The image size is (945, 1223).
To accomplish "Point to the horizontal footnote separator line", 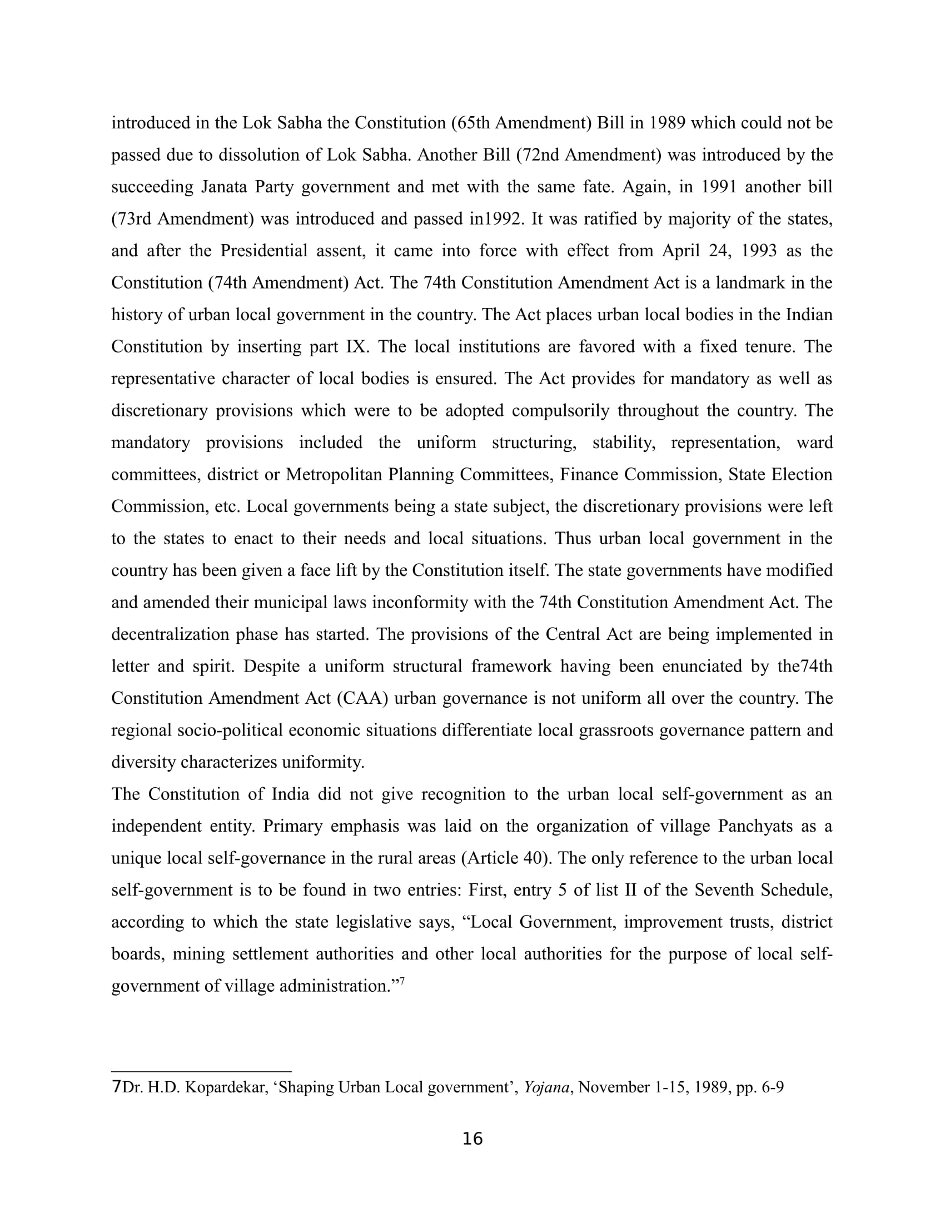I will [202, 1071].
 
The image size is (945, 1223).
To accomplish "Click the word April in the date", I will [682, 250].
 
